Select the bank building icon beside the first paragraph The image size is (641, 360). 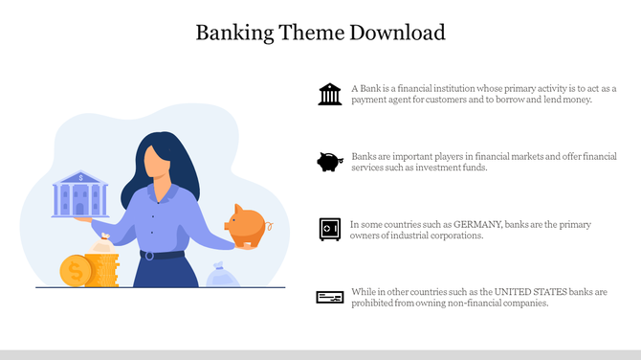(330, 94)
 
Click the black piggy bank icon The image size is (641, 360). (330, 162)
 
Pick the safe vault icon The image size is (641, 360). (330, 229)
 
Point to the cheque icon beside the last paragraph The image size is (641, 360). (330, 298)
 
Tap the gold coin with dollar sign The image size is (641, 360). (73, 272)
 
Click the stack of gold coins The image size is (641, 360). (102, 268)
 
